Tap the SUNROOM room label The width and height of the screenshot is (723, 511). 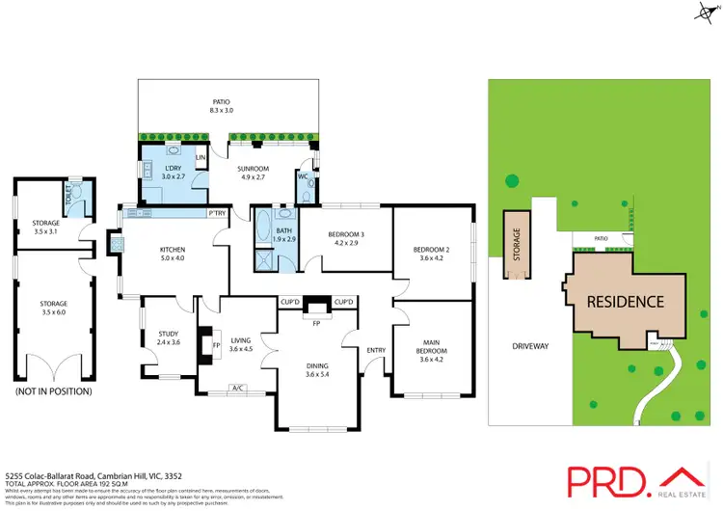(254, 173)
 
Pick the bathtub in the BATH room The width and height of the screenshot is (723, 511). (263, 231)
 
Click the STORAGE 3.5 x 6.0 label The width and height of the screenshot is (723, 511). (53, 308)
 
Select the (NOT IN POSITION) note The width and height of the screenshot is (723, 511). (53, 391)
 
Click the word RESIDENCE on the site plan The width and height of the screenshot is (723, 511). (626, 302)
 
